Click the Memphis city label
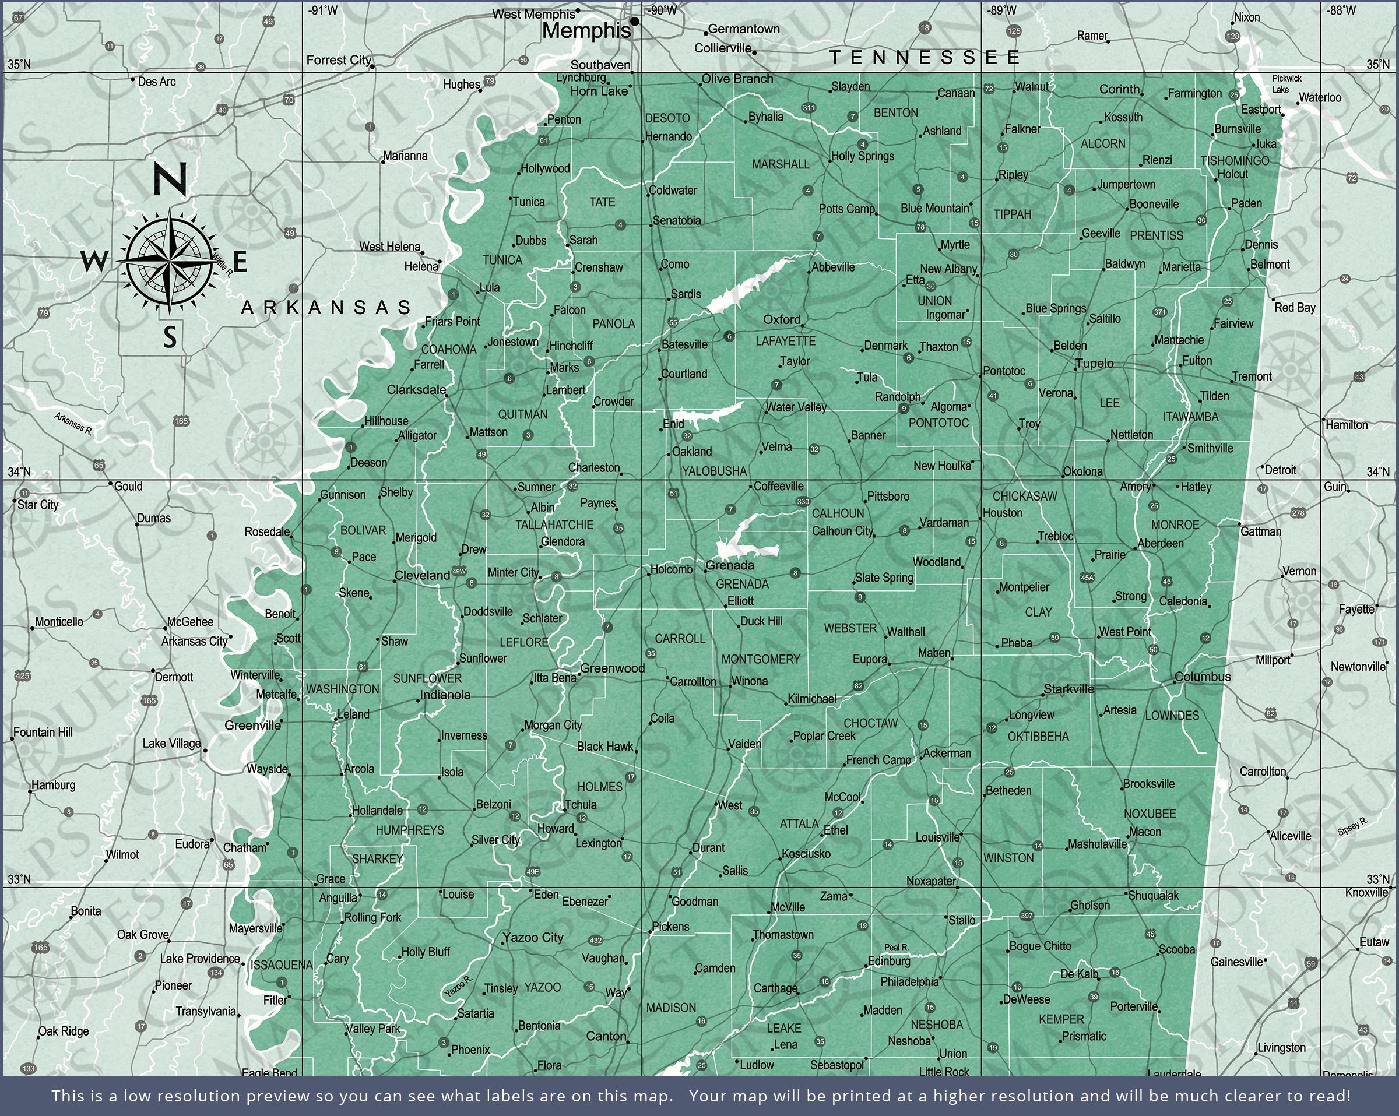(586, 30)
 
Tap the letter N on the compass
(170, 178)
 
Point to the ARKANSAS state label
(326, 307)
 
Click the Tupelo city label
(1095, 363)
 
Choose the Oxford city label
(782, 319)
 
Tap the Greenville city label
(253, 726)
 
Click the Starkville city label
(1068, 689)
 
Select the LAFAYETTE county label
(785, 341)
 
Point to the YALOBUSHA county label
(715, 471)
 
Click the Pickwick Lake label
(1286, 84)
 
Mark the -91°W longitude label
(322, 10)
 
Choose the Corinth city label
(1119, 89)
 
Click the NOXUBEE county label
(1150, 814)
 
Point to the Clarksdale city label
(417, 389)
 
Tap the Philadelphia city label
(909, 982)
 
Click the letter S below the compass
(170, 337)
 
